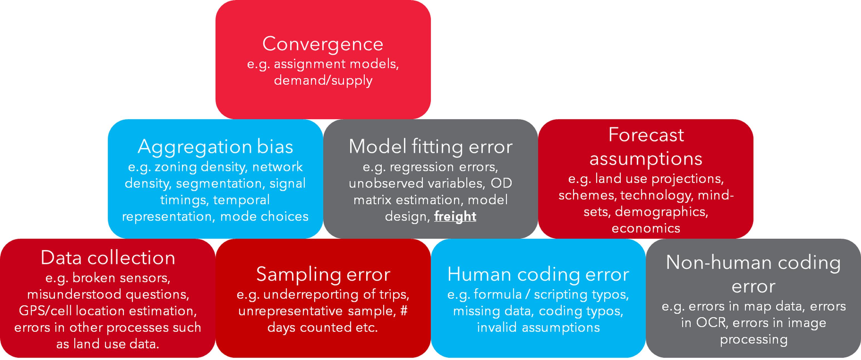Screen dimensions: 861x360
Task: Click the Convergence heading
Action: [x=323, y=44]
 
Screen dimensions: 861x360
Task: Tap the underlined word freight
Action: [x=455, y=217]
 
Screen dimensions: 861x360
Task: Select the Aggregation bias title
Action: [x=215, y=147]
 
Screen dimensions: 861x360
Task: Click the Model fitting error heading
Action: [x=430, y=147]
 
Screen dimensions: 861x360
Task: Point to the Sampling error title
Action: [x=323, y=275]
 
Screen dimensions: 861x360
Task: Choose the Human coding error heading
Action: [x=538, y=275]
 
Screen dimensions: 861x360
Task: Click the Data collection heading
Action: [x=108, y=258]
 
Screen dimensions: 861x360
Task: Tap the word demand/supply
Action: [x=323, y=80]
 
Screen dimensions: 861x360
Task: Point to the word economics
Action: [x=646, y=229]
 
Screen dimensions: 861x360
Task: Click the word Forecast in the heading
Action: [x=646, y=135]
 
